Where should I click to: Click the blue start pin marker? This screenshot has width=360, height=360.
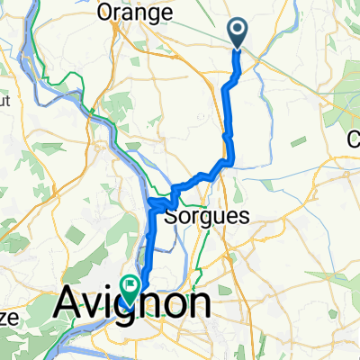coord(238,34)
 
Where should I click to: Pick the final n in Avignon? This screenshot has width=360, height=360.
coord(199,303)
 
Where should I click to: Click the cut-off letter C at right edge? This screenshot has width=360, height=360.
coord(355,139)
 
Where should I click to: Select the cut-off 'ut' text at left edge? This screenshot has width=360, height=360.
coord(4,102)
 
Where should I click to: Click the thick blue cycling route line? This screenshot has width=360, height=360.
coord(226,108)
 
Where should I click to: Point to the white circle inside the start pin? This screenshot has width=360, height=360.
coord(238,31)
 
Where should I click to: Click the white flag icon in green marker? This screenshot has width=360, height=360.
coord(131,288)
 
